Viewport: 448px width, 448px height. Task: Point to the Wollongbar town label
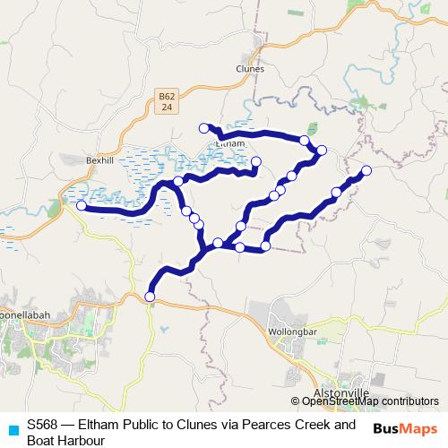pos(289,331)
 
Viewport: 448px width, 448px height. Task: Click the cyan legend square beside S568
pos(11,427)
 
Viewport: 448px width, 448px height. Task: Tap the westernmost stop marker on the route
pos(81,205)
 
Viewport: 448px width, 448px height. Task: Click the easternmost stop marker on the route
pos(366,170)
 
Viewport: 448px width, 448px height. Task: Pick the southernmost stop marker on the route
pos(150,297)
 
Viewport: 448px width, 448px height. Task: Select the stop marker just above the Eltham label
pos(203,128)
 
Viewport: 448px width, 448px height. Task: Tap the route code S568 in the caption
pos(43,425)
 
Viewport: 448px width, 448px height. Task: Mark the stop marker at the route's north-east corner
pos(322,150)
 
